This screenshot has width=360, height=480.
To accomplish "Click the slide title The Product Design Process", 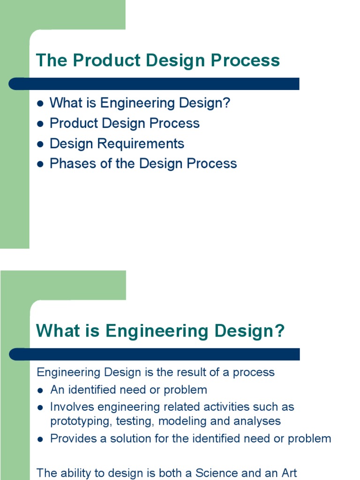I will [x=157, y=60].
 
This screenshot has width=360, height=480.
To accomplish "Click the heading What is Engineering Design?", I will [x=160, y=331].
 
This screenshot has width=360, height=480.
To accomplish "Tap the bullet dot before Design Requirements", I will [x=40, y=144].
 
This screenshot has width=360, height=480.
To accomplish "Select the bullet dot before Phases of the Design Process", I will [x=40, y=164].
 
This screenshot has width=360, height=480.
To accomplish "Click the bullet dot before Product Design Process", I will [x=40, y=124].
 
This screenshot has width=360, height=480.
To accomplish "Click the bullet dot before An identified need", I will [x=41, y=390].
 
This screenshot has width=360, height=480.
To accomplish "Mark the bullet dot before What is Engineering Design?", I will [x=40, y=104].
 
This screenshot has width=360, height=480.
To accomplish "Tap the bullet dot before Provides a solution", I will [x=41, y=439].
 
